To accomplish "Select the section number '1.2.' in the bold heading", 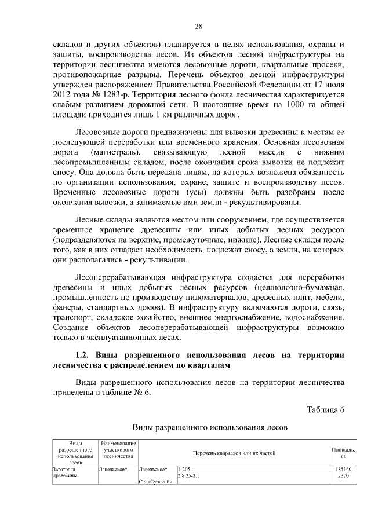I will [x=87, y=355].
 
